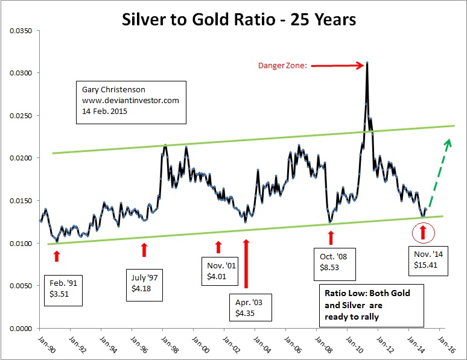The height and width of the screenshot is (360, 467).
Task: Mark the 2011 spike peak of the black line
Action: pos(367,62)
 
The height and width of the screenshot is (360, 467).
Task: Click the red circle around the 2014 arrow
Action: pos(423,231)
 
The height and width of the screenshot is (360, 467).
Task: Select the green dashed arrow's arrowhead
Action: pos(447,142)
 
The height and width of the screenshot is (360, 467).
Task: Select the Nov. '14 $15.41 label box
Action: pos(427,259)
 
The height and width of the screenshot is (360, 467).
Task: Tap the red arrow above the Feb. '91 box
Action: pos(57,256)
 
